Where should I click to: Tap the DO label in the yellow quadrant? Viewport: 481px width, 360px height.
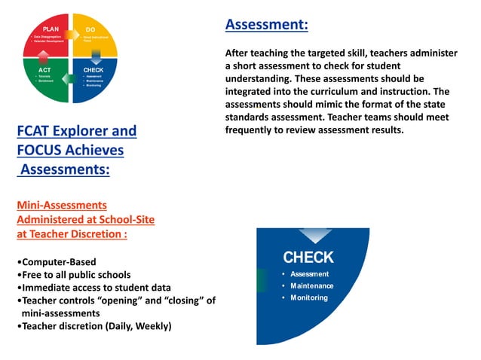pos(90,29)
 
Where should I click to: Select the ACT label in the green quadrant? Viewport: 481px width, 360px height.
pos(44,70)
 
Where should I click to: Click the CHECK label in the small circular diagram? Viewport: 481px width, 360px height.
pos(93,70)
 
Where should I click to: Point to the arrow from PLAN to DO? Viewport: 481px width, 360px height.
pos(70,34)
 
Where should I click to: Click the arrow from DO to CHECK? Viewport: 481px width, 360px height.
pos(96,55)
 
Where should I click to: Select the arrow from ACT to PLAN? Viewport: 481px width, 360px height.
pos(44,55)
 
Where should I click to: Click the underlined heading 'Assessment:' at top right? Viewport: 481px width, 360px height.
pos(266,25)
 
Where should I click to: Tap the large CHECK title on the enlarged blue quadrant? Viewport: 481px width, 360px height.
pos(308,258)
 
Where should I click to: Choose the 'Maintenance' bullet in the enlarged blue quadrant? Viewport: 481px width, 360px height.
pos(311,285)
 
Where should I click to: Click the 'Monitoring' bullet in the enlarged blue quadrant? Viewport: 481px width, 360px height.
pos(309,297)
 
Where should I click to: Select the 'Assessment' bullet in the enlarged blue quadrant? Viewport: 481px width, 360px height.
pos(309,273)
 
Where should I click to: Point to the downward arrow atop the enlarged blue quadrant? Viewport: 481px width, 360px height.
pos(314,236)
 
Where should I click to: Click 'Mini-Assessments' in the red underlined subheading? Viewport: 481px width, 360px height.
pos(62,205)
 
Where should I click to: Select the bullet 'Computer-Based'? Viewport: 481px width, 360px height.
pos(56,262)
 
